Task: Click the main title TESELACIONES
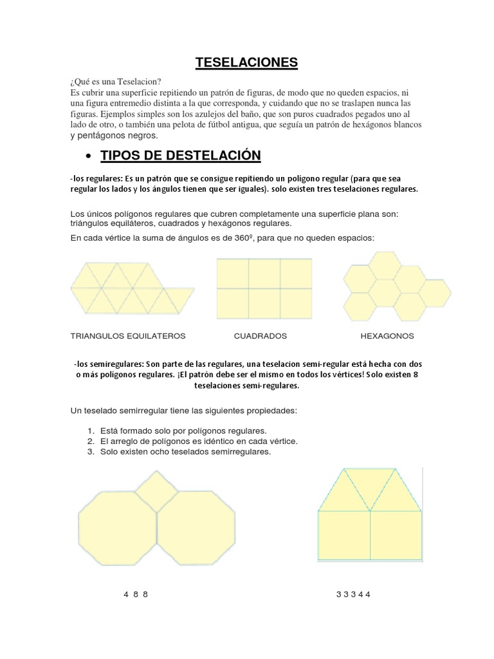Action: coord(247,62)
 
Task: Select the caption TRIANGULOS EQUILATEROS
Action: coord(127,336)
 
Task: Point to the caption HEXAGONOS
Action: coord(387,336)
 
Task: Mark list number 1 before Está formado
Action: coord(89,430)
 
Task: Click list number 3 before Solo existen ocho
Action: coord(89,452)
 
